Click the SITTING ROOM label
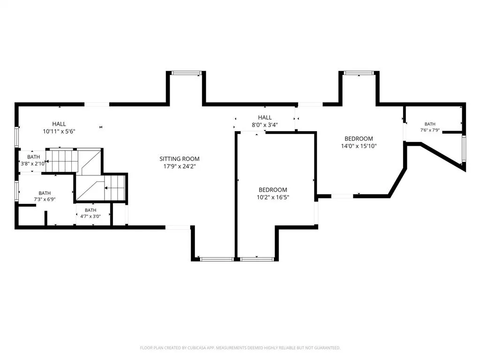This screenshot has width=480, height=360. point(180,159)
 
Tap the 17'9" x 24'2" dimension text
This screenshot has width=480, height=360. point(180,166)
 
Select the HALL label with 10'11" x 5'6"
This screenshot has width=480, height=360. point(59,124)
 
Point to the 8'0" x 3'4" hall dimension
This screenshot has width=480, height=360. point(265,125)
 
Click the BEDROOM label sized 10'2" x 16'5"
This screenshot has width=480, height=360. point(273,190)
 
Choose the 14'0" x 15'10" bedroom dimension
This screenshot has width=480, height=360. point(359,146)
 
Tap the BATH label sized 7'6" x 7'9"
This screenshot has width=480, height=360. point(430,124)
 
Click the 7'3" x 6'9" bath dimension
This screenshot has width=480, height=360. point(45,199)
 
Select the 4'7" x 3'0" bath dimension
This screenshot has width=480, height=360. point(90,216)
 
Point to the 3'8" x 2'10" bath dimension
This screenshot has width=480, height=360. point(33,164)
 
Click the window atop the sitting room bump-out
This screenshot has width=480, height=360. point(186,73)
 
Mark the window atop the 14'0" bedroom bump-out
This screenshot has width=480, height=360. point(359,73)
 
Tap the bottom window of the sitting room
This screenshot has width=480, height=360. point(217,260)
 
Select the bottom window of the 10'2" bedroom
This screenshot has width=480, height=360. point(256,260)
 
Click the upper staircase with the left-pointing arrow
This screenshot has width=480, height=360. point(64,161)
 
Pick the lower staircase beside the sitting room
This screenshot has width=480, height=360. point(114,188)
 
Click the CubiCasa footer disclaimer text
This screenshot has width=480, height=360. point(240,348)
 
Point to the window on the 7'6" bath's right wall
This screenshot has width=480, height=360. point(464,149)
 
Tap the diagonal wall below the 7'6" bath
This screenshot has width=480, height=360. point(442,156)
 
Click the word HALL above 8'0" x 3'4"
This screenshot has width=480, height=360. point(265,118)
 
